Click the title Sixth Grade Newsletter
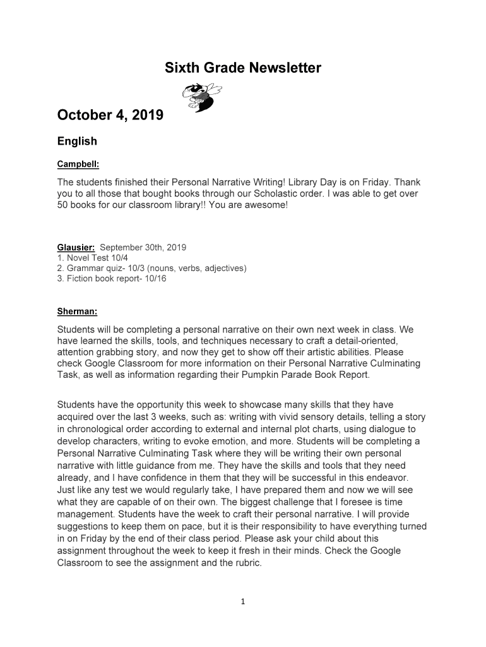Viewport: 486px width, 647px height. (x=243, y=68)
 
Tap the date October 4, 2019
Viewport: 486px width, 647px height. (x=110, y=115)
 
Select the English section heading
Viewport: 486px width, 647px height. (x=77, y=142)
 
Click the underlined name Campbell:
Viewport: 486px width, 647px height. (x=78, y=165)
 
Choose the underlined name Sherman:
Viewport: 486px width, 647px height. (x=77, y=311)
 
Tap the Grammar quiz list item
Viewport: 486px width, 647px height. (x=151, y=268)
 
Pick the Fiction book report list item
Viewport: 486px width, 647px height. (x=112, y=278)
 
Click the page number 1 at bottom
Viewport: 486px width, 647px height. (x=242, y=602)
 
